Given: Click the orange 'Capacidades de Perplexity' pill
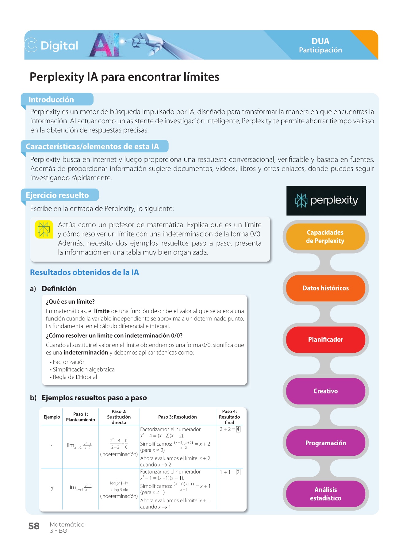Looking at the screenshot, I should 325,236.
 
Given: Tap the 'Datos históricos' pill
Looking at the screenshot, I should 325,288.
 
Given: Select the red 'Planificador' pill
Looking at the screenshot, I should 325,339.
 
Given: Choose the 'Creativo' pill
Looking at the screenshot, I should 325,391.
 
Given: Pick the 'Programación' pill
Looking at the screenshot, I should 325,443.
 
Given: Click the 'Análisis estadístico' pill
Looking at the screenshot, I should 325,494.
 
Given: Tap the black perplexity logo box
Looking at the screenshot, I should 326,201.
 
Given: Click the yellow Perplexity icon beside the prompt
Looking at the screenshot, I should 44,229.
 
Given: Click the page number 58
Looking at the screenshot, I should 34,526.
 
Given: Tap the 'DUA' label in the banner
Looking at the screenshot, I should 320,41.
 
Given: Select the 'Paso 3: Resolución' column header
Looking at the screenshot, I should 177,417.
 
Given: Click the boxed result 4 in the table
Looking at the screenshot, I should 238,429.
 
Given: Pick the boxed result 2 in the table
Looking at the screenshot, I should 238,472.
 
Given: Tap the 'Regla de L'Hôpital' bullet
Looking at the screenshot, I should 75,377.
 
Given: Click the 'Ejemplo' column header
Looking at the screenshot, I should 52,417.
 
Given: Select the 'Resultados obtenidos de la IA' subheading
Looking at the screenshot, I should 84,272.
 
